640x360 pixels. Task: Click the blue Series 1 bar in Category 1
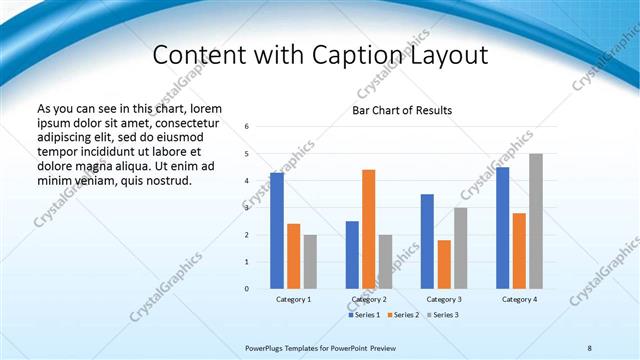click(277, 231)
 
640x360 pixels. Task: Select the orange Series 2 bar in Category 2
click(368, 229)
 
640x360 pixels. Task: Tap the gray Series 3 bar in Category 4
click(536, 221)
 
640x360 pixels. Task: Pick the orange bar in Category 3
click(444, 264)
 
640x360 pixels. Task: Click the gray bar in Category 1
click(310, 262)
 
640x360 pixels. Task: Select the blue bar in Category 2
click(352, 255)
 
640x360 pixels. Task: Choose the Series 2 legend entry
click(404, 315)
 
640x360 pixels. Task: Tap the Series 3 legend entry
click(442, 315)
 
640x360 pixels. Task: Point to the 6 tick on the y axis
click(246, 127)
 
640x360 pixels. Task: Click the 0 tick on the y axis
click(246, 289)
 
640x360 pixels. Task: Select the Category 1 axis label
click(293, 299)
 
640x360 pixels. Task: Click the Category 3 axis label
click(443, 299)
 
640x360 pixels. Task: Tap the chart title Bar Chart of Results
click(402, 110)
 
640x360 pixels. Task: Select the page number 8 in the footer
click(590, 347)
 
